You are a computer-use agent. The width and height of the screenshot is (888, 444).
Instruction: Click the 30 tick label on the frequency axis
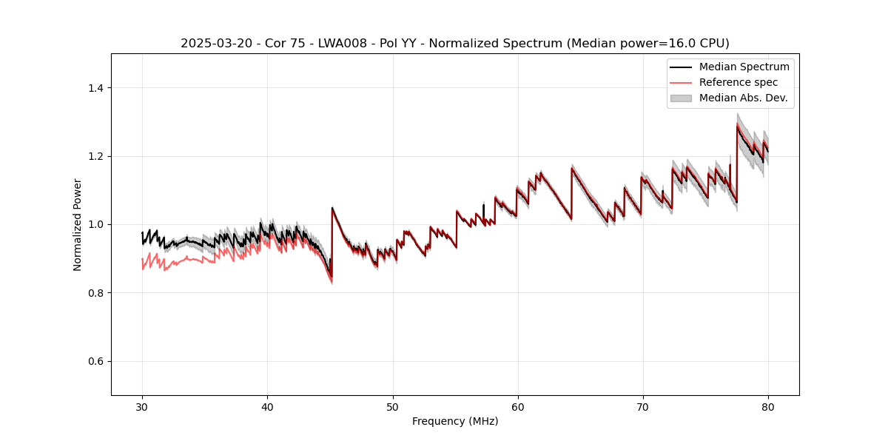click(x=142, y=407)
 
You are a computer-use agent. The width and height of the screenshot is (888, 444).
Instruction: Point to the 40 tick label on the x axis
click(x=267, y=407)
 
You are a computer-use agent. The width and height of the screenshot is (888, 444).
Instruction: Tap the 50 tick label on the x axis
click(x=392, y=407)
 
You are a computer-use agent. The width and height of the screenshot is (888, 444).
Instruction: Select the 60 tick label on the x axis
click(x=517, y=407)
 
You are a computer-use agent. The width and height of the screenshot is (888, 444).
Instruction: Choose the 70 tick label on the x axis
click(x=642, y=407)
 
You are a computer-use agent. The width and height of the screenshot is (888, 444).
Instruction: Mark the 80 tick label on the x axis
click(x=767, y=407)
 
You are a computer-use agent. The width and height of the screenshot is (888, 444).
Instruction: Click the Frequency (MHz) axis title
click(x=455, y=421)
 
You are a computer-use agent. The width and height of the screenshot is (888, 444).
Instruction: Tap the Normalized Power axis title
click(x=78, y=224)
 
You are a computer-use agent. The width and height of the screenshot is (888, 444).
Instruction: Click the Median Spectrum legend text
click(x=744, y=67)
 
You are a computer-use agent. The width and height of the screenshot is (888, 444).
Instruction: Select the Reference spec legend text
click(x=738, y=82)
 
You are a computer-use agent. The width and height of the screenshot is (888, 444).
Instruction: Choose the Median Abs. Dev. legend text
click(x=743, y=98)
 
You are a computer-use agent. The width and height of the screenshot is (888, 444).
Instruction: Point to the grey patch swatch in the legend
click(x=681, y=98)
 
